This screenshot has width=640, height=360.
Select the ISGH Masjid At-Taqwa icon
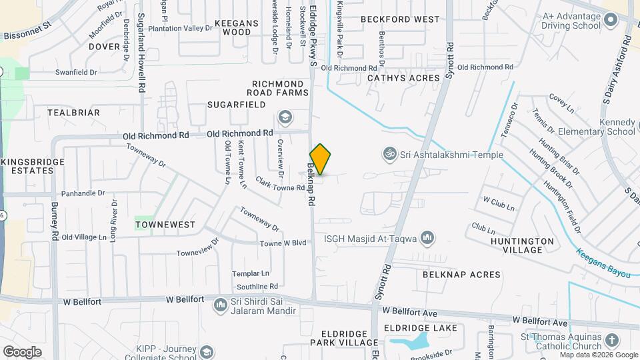[427, 237]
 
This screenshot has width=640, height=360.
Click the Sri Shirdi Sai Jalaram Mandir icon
[220, 305]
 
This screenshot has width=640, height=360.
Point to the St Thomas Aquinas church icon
[612, 341]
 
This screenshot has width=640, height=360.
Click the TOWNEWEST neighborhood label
[165, 225]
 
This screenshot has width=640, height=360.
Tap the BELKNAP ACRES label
[461, 275]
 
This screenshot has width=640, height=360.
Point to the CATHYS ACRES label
[404, 78]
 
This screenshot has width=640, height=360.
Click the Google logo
[23, 351]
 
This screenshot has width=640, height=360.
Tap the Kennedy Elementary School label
[607, 127]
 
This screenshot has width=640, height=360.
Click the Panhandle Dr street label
[83, 193]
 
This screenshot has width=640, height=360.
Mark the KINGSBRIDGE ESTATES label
[33, 166]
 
